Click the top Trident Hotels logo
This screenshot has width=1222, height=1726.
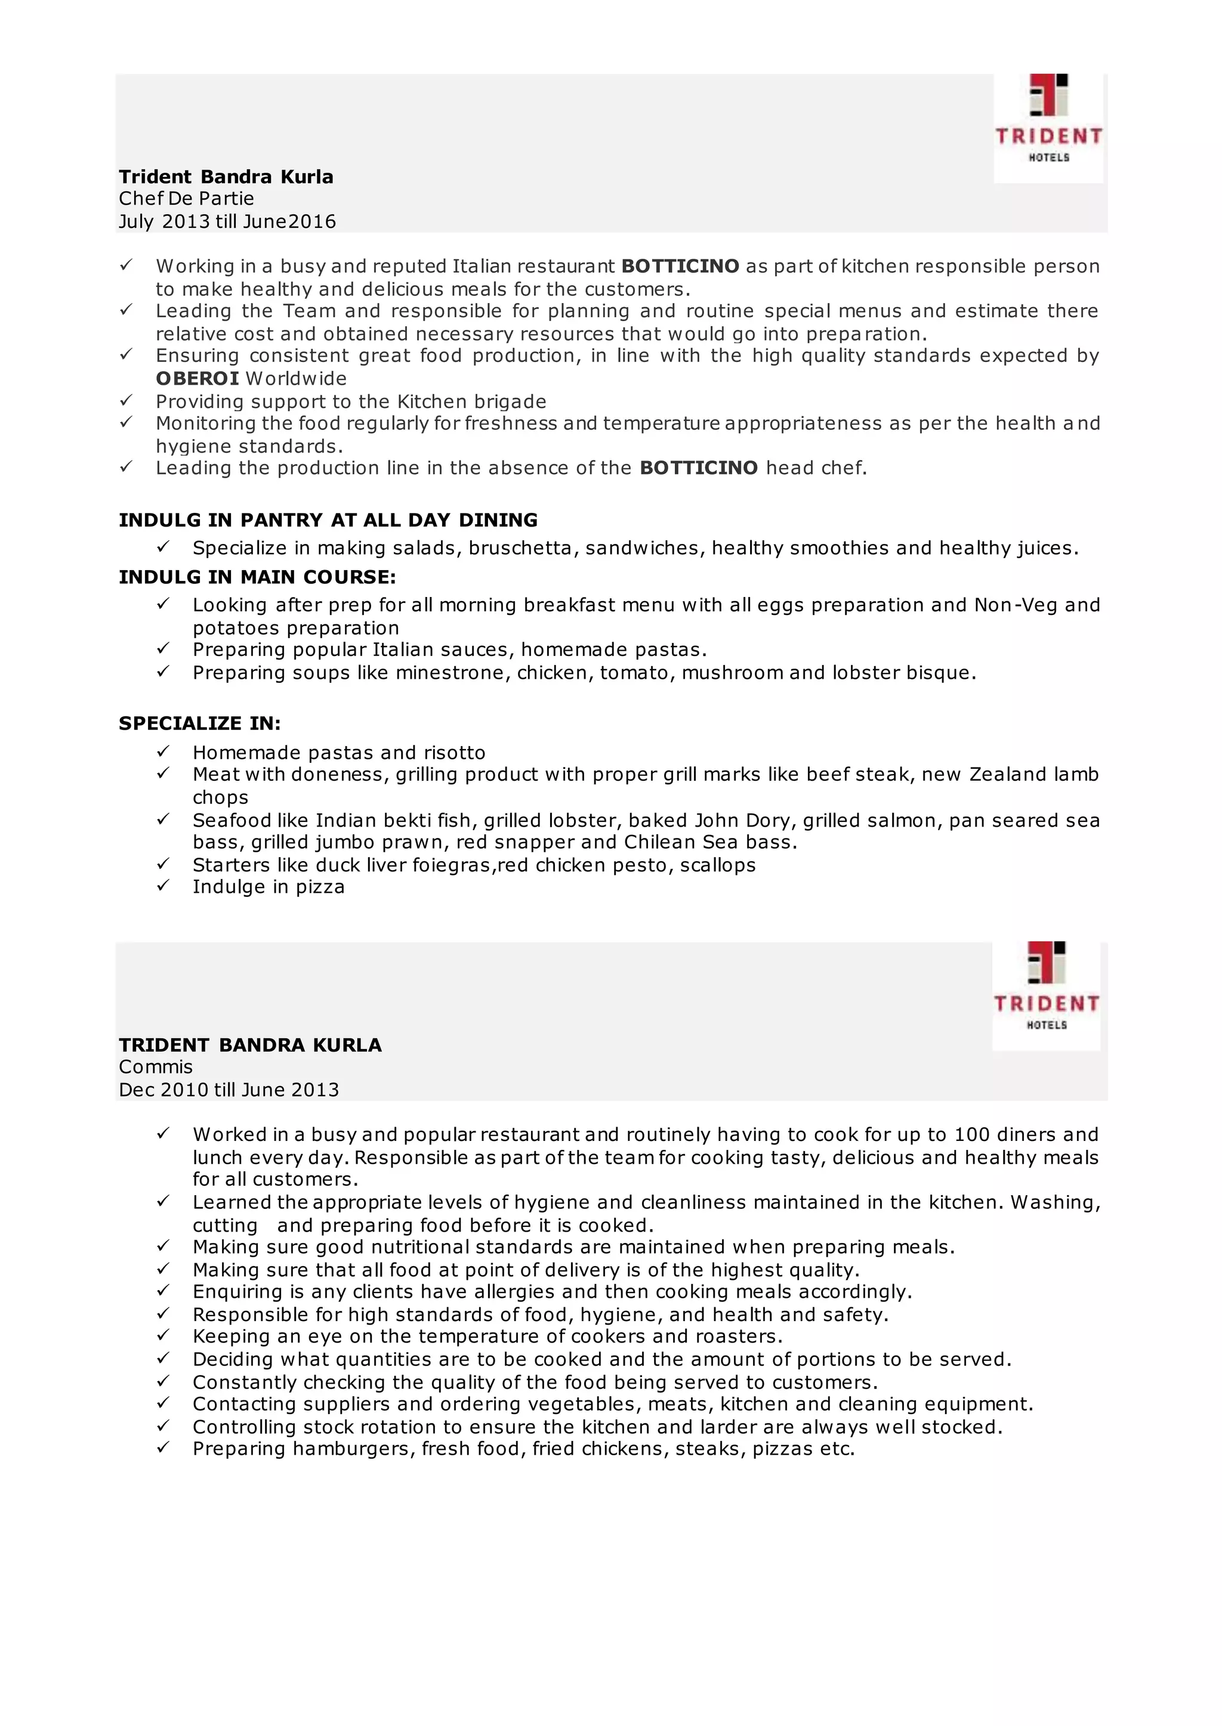coord(1048,128)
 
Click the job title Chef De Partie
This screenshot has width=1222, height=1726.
coord(186,199)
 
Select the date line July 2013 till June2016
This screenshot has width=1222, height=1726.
coord(227,222)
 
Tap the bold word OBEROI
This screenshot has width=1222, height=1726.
coord(197,379)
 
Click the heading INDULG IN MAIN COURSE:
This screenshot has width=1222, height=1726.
coord(257,577)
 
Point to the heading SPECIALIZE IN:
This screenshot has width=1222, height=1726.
coord(199,723)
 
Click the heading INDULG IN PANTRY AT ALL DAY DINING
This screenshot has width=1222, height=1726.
coord(328,521)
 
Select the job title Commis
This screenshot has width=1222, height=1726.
coord(156,1066)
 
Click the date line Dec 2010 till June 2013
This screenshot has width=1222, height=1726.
coord(229,1090)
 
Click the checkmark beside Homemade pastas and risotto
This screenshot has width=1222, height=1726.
coord(162,751)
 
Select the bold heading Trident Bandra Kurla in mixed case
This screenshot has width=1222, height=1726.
coord(226,177)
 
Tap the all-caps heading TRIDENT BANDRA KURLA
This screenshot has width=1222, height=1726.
coord(250,1046)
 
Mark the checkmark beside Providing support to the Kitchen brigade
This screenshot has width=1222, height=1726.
coord(126,400)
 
